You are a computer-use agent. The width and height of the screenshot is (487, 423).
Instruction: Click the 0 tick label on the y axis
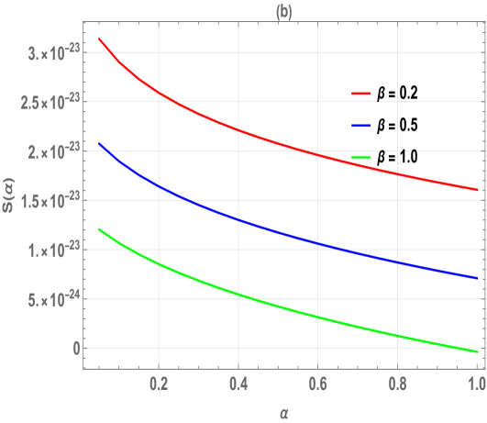(64, 349)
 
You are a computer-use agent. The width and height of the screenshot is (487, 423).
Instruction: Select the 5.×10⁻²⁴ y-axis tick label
(46, 298)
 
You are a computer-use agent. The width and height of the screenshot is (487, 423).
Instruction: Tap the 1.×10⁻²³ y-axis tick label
(46, 250)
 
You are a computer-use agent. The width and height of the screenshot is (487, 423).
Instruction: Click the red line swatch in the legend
(360, 94)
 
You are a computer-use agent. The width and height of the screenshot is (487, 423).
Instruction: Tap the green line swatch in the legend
(360, 157)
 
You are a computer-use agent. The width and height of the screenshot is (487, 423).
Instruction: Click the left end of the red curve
(99, 39)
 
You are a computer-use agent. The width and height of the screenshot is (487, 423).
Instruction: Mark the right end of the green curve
(478, 351)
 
